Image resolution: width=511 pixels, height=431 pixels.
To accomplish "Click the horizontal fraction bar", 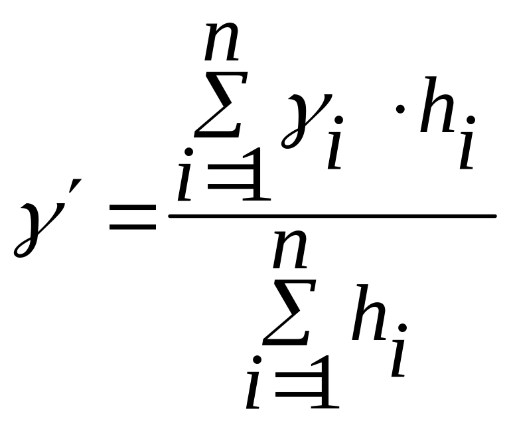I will pyautogui.click(x=332, y=216).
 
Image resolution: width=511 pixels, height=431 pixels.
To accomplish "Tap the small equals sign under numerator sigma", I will pyautogui.click(x=224, y=181).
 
